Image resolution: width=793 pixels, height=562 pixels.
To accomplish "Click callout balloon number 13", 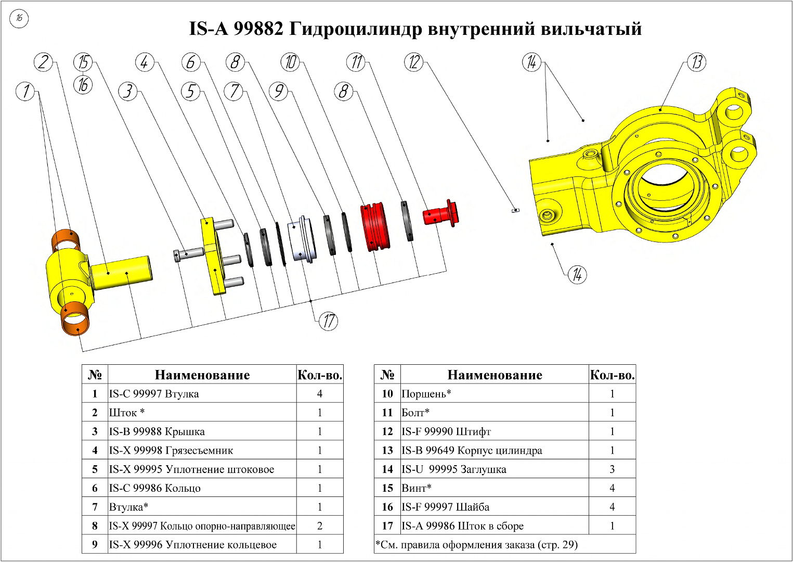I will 697,62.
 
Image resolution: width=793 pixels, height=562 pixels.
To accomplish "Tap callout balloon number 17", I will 328,321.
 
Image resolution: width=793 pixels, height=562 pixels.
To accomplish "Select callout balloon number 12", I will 414,62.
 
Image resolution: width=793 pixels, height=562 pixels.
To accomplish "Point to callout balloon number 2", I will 44,62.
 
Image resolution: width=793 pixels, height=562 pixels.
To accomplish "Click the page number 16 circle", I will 19,19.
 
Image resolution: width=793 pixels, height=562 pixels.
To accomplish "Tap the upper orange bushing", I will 66,239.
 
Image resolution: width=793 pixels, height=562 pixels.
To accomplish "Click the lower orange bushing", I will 75,320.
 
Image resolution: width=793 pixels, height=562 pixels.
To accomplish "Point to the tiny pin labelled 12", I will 514,210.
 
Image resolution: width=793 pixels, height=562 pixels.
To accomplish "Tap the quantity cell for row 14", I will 612,469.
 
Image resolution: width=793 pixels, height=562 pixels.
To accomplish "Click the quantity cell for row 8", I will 319,526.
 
